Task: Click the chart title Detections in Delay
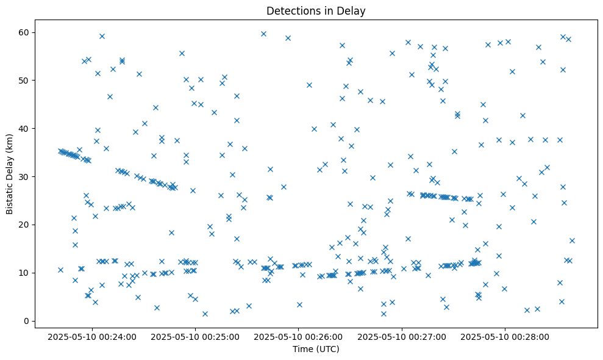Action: click(x=316, y=10)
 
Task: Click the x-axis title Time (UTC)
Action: click(x=316, y=349)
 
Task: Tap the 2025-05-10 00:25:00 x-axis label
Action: click(x=196, y=336)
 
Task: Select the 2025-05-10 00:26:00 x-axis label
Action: click(x=299, y=336)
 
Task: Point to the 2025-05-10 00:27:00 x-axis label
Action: click(x=402, y=336)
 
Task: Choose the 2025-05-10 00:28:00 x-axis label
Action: click(x=505, y=336)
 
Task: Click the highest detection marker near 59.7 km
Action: click(x=263, y=34)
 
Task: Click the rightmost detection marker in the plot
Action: click(x=572, y=240)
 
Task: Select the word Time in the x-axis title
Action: click(x=303, y=349)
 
